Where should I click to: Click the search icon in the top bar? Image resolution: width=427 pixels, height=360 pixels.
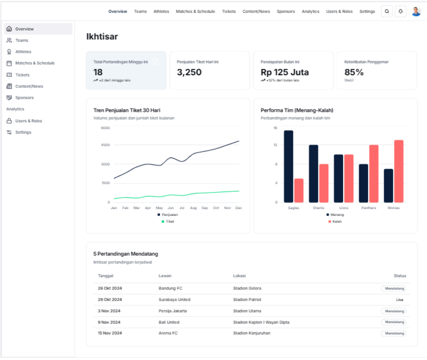tap(387, 12)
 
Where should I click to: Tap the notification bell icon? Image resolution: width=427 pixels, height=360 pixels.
tap(400, 12)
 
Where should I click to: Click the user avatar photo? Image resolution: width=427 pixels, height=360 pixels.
tap(416, 12)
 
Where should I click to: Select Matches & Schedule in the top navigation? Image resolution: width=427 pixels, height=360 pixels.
tap(195, 12)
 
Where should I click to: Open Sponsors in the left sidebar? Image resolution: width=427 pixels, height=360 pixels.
tap(24, 98)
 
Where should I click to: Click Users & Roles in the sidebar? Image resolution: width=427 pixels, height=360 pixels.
tap(28, 121)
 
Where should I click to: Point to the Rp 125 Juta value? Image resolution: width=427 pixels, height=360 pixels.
tap(285, 72)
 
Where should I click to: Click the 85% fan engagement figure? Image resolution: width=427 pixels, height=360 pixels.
tap(354, 72)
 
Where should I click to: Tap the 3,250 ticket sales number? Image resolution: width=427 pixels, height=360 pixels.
tap(189, 72)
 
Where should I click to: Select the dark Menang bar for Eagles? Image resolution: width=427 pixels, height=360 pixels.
tap(289, 167)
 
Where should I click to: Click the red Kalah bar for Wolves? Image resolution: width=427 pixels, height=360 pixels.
tap(399, 171)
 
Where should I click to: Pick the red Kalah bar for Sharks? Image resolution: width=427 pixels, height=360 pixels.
tap(324, 183)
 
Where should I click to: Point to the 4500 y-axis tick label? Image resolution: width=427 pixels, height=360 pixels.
tap(105, 145)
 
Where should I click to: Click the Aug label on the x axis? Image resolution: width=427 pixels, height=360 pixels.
tap(193, 208)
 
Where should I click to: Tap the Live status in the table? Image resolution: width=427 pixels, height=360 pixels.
tap(399, 300)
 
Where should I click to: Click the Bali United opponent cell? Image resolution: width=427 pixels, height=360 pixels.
tap(169, 322)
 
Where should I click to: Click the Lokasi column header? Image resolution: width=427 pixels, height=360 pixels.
tap(239, 276)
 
